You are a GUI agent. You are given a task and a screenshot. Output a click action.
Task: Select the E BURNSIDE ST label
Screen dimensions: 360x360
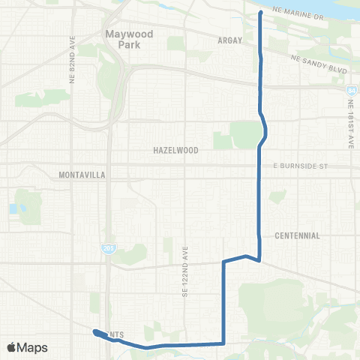point(301,164)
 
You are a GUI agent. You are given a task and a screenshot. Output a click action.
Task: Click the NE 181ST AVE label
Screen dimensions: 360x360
point(349,128)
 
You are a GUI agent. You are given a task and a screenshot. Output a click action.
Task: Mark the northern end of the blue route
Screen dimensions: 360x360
point(259,13)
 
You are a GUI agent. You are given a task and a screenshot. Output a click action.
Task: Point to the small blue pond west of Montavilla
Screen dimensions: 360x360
point(13,208)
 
